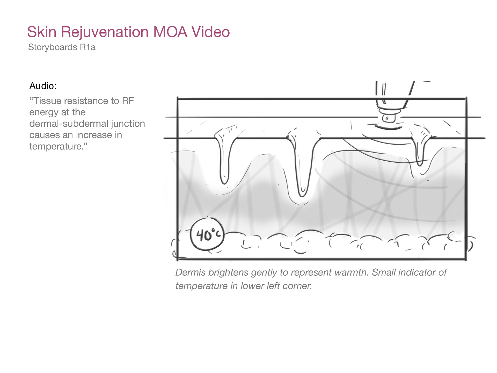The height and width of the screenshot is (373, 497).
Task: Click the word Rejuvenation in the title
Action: pos(104,32)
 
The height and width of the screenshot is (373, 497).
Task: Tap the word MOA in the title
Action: pos(170,32)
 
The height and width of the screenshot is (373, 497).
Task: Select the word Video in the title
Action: pos(210,32)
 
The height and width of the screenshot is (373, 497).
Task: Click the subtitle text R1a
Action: pos(88,47)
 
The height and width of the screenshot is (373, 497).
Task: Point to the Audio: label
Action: pos(43,86)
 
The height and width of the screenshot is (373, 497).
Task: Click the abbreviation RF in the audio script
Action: pos(128,101)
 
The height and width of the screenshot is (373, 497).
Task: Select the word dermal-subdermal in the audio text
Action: pos(69,124)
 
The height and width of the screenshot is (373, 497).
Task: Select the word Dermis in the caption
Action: pos(190,272)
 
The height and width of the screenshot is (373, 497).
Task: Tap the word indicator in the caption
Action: pos(416,272)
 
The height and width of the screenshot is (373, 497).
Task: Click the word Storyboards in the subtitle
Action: pos(53,47)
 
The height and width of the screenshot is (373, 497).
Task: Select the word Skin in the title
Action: pos(42,32)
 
